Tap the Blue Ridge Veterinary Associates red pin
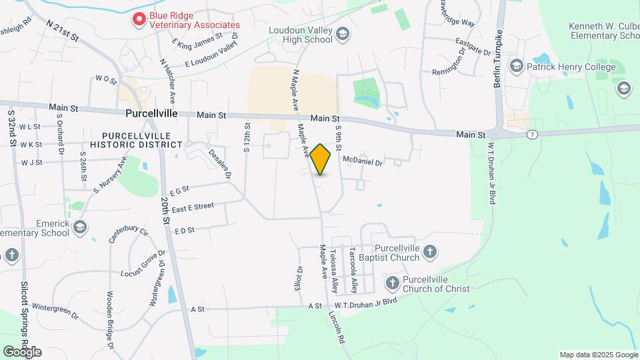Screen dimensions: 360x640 pyautogui.click(x=139, y=19)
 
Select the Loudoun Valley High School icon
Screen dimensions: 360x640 pyautogui.click(x=343, y=34)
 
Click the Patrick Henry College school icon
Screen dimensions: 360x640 pyautogui.click(x=516, y=66)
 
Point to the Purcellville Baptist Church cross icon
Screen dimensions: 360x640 pyautogui.click(x=430, y=252)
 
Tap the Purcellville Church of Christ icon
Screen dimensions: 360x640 pyautogui.click(x=392, y=283)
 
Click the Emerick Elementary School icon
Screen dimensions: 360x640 pyautogui.click(x=80, y=227)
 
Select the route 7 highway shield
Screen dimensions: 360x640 pyautogui.click(x=532, y=135)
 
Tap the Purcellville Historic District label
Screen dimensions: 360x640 pyautogui.click(x=136, y=139)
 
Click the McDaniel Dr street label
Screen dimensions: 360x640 pyautogui.click(x=363, y=161)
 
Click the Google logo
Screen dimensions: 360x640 pyautogui.click(x=22, y=351)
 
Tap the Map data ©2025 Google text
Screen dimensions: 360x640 pyautogui.click(x=598, y=355)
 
